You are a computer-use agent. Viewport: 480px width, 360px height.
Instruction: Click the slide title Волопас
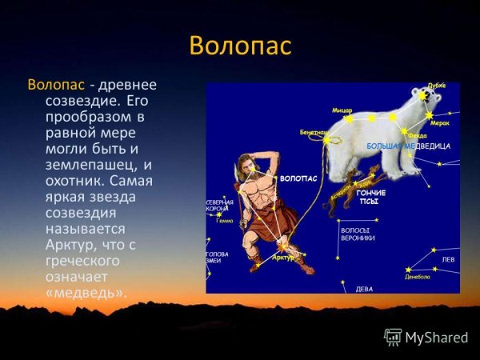click(240, 46)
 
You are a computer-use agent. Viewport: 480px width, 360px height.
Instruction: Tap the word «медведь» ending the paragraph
click(78, 293)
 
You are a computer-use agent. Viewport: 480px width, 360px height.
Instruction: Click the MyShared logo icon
click(393, 337)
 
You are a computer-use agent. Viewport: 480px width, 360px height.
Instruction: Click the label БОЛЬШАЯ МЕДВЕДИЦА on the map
click(408, 147)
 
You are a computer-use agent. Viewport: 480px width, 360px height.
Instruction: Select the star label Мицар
click(342, 110)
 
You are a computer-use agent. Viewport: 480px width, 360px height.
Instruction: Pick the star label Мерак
click(439, 123)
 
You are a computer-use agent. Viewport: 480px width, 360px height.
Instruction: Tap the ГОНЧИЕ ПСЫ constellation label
click(370, 198)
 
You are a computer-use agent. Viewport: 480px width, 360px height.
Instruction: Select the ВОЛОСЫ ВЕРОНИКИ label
click(358, 234)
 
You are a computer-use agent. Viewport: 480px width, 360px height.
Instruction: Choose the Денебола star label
click(417, 277)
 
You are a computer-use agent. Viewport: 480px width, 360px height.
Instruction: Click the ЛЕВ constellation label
click(449, 260)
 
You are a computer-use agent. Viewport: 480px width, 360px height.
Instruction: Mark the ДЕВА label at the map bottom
click(364, 288)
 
